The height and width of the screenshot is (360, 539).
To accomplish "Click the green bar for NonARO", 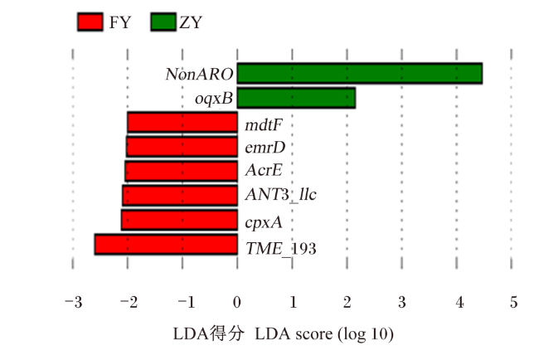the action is tap(360, 73).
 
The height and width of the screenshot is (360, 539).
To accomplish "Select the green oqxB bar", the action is tap(296, 98).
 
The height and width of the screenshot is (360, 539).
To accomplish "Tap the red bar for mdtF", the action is tap(182, 123).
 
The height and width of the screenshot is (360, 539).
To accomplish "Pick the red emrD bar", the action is tap(182, 147).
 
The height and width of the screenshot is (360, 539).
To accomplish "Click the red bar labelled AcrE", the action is tap(181, 171).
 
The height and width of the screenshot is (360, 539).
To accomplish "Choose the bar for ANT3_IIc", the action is tap(180, 196).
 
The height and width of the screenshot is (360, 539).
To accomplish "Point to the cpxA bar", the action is tap(179, 220).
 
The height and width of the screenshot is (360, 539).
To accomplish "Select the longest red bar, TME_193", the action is tap(166, 245).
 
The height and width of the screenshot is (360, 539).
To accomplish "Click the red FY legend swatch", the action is tap(90, 22).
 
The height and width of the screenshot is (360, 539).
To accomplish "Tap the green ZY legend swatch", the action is tap(163, 22).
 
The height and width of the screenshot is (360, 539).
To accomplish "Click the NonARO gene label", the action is tap(199, 74).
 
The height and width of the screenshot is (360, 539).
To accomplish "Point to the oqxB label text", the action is tap(214, 99).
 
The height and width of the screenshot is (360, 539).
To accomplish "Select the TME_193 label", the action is tap(281, 248).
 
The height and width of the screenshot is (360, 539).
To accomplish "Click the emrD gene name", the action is tap(265, 148).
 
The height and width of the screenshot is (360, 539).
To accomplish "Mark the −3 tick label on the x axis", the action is tap(74, 302).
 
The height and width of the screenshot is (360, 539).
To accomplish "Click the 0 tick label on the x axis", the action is tap(237, 302).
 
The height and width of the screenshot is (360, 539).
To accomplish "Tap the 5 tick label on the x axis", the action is tap(513, 302).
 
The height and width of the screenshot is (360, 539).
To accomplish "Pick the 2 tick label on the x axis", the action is tap(347, 302).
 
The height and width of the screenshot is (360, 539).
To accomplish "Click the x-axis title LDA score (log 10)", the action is tap(324, 333).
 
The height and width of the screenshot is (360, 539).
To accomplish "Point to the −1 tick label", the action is tap(187, 302).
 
